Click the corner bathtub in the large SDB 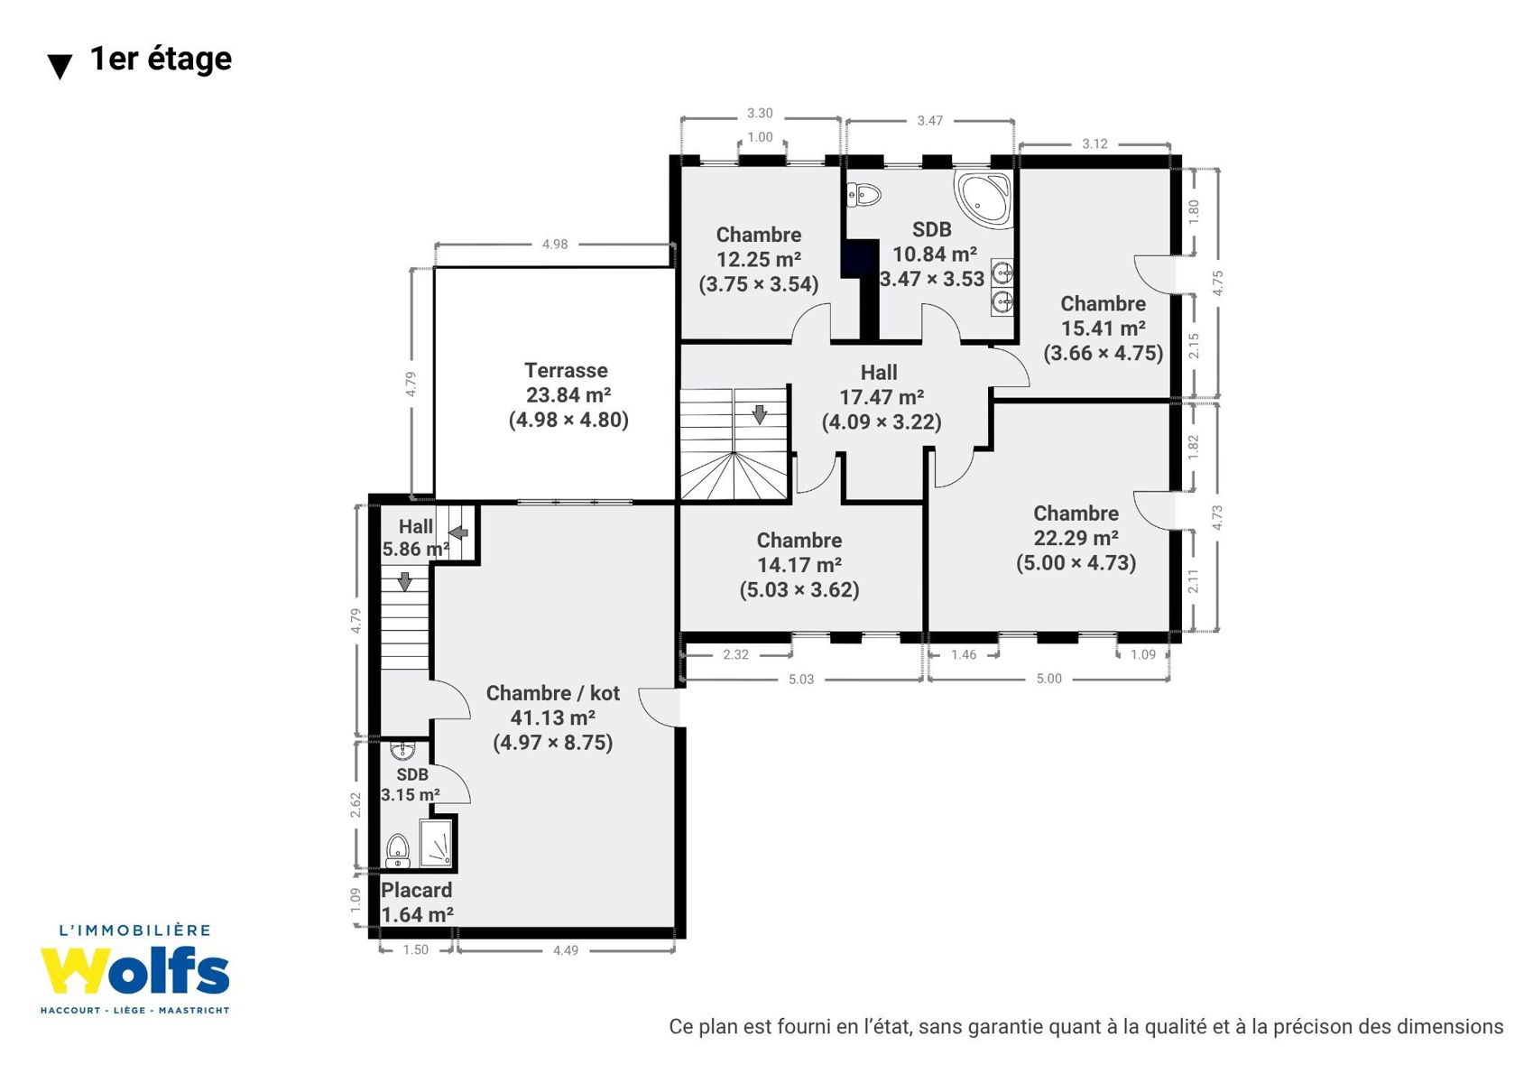984,198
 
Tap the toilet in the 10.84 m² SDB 863,194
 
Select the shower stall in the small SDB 435,843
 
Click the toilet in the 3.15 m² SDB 398,851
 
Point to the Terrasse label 566,370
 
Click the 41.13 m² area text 552,717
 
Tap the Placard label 416,890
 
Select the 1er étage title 161,59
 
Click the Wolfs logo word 134,970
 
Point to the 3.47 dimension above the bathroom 930,121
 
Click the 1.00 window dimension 760,137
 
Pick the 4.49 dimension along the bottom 566,950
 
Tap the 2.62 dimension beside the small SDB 356,805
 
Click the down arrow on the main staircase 759,414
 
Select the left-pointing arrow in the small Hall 457,532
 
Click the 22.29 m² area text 1076,538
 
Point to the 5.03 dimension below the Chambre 801,680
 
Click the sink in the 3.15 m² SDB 402,750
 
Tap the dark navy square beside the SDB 859,259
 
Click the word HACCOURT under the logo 70,1011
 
